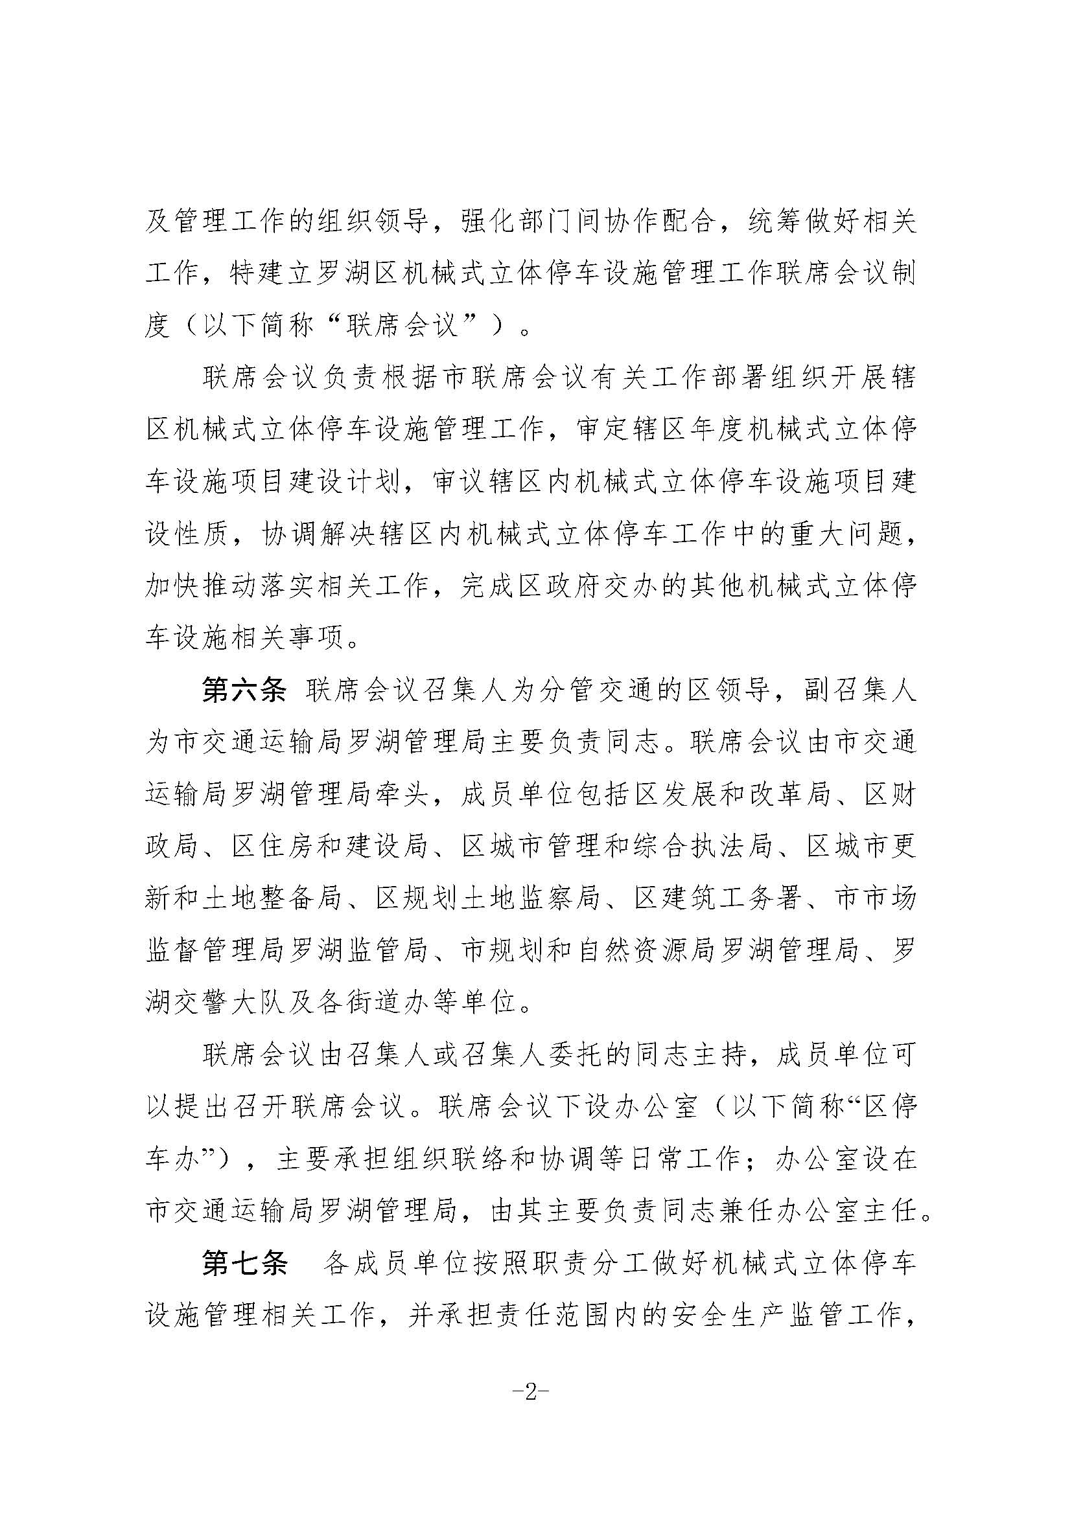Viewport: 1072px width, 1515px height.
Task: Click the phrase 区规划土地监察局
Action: (x=487, y=898)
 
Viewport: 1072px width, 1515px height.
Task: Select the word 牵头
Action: (x=416, y=796)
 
